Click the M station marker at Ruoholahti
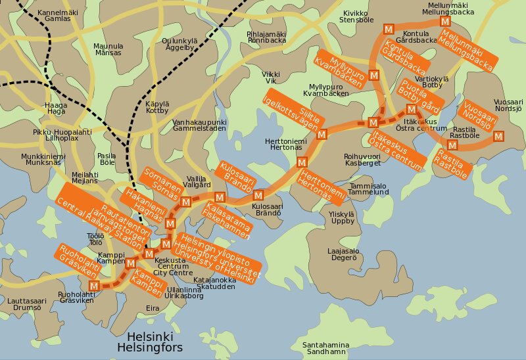[x=94, y=286]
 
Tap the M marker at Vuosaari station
[x=498, y=137]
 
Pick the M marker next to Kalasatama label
[x=220, y=196]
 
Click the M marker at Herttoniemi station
[x=302, y=162]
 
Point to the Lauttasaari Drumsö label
[x=23, y=304]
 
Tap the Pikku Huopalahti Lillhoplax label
[x=62, y=135]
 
